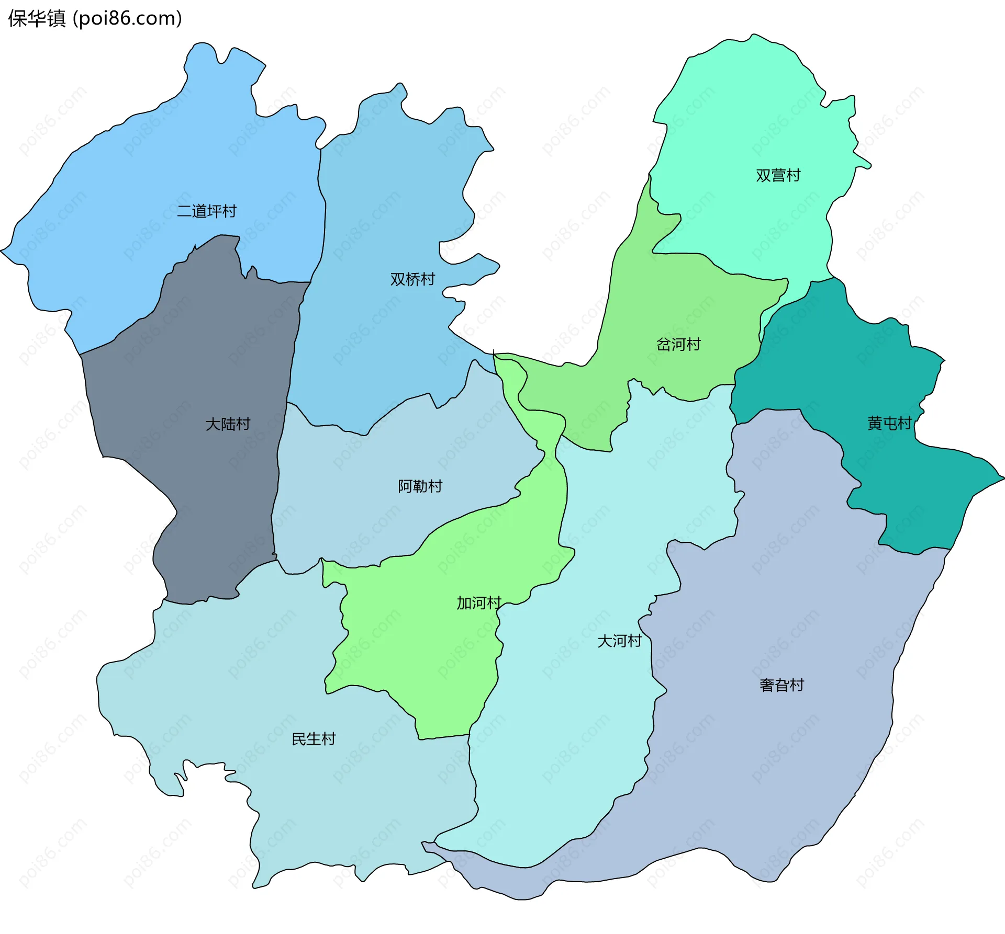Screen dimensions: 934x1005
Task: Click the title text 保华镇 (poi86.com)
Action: click(95, 18)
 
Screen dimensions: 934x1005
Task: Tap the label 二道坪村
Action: click(207, 211)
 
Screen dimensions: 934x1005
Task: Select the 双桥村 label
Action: click(412, 279)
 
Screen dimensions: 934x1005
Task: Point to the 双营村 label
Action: click(778, 175)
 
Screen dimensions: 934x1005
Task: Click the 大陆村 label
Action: click(228, 424)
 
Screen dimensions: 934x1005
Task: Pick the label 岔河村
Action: click(678, 344)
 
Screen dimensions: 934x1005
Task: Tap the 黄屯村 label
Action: click(889, 423)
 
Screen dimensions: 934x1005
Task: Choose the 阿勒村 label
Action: click(420, 486)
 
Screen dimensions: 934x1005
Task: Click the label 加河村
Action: click(479, 603)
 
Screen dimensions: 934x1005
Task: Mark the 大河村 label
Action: click(620, 641)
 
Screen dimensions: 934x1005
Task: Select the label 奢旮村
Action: click(781, 685)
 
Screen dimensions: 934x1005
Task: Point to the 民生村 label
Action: click(314, 739)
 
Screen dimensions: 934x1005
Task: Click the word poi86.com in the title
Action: click(127, 18)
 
